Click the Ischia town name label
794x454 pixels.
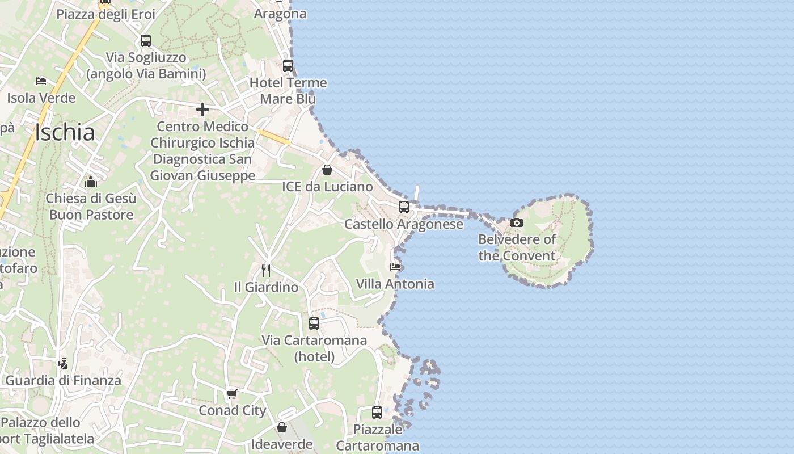point(65,133)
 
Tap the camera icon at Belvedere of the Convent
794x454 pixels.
point(517,223)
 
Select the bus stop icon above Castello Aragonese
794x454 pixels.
point(404,207)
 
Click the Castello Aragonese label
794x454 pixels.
point(404,224)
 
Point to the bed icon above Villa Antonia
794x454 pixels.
point(395,267)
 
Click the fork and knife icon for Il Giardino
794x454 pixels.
point(266,270)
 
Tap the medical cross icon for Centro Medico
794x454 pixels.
point(202,110)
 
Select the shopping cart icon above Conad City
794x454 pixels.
point(231,394)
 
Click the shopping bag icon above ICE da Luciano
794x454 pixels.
point(327,170)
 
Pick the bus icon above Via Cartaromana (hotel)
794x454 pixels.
point(314,323)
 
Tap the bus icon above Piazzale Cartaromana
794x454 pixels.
point(377,413)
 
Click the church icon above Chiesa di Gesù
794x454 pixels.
point(91,182)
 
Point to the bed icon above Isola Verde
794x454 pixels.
point(41,81)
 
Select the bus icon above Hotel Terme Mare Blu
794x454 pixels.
point(288,66)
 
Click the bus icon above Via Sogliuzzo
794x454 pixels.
point(146,41)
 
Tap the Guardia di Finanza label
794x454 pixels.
point(64,381)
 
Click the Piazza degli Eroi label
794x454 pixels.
point(105,14)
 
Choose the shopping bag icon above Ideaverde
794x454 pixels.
point(282,427)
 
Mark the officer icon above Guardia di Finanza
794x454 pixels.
point(63,363)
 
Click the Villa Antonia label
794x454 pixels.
point(395,284)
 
